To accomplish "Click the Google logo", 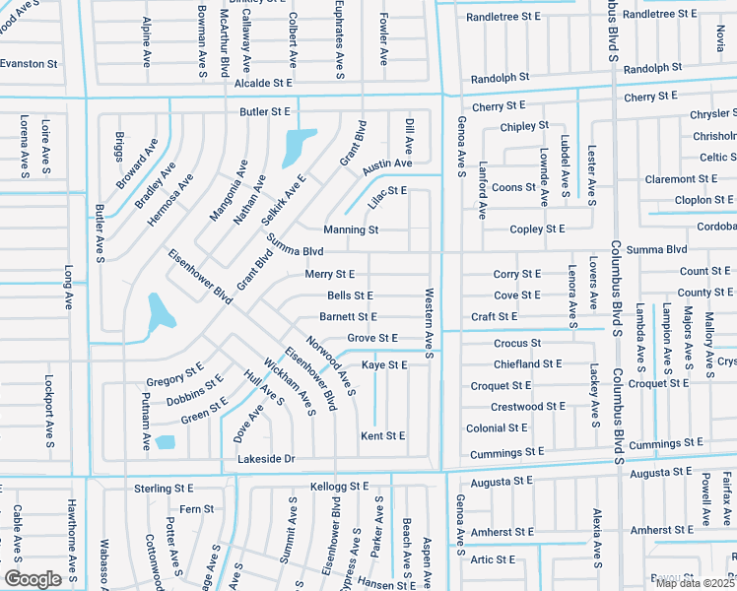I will point(33,579).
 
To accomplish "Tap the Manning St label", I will point(351,230).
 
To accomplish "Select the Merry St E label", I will point(329,274).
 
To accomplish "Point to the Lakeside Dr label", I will point(266,459).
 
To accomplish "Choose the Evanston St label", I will point(29,63).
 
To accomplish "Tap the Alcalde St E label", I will point(264,85).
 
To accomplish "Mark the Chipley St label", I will point(524,126).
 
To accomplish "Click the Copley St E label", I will point(537,230).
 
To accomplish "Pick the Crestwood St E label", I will point(528,406).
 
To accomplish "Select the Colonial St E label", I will point(498,428).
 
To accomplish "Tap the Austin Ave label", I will point(386,164).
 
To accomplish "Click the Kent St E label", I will point(383,435).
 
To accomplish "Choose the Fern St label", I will point(196,509).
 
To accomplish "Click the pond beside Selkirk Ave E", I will point(299,147).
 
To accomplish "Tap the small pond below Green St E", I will point(165,442).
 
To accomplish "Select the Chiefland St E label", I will point(528,363).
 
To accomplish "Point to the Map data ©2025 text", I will point(695,583).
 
